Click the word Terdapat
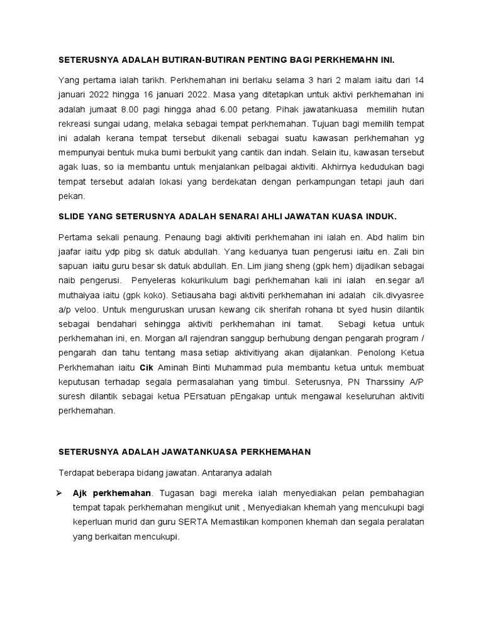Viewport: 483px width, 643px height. (x=77, y=471)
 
